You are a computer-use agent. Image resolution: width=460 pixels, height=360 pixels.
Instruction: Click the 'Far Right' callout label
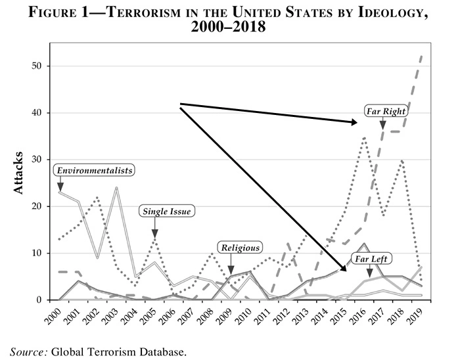[x=386, y=111]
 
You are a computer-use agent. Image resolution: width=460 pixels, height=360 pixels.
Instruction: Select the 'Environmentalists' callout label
[x=95, y=170]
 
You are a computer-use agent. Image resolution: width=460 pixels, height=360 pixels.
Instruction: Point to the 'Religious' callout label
[x=240, y=248]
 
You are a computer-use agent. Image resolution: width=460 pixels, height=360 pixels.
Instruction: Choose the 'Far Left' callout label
[x=371, y=259]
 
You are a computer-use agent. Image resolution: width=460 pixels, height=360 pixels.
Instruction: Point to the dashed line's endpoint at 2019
[x=422, y=56]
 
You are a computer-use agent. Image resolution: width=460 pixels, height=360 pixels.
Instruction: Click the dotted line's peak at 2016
[x=365, y=137]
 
